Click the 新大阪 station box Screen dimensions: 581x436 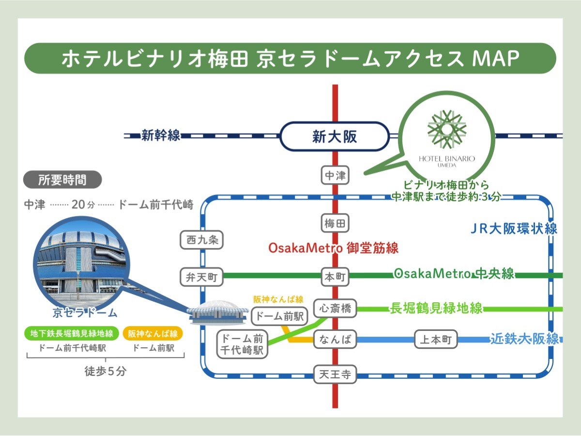pyautogui.click(x=335, y=136)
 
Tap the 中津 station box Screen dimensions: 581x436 pyautogui.click(x=335, y=175)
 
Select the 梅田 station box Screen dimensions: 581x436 pyautogui.click(x=335, y=223)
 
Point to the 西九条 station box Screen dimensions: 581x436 pyautogui.click(x=202, y=240)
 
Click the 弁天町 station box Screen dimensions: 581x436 pyautogui.click(x=202, y=277)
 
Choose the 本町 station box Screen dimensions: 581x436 pyautogui.click(x=335, y=277)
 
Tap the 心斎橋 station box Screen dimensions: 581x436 pyautogui.click(x=335, y=308)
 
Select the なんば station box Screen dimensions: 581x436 pyautogui.click(x=335, y=339)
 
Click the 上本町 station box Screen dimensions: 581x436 pyautogui.click(x=436, y=339)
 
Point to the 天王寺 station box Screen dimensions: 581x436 pyautogui.click(x=335, y=374)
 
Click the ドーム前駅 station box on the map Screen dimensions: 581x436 pyautogui.click(x=279, y=316)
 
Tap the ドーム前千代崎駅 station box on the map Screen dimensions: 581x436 pyautogui.click(x=242, y=344)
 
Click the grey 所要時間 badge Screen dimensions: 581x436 pyautogui.click(x=63, y=180)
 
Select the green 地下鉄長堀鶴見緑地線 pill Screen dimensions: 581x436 pyautogui.click(x=72, y=333)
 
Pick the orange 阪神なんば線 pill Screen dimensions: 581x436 pyautogui.click(x=153, y=333)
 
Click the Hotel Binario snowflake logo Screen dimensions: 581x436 pyautogui.click(x=447, y=129)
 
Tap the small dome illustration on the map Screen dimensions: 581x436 pyautogui.click(x=218, y=312)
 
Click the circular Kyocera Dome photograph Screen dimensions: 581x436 pyautogui.click(x=81, y=265)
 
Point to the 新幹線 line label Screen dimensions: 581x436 pyautogui.click(x=160, y=135)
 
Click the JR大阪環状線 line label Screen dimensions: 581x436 pyautogui.click(x=514, y=229)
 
